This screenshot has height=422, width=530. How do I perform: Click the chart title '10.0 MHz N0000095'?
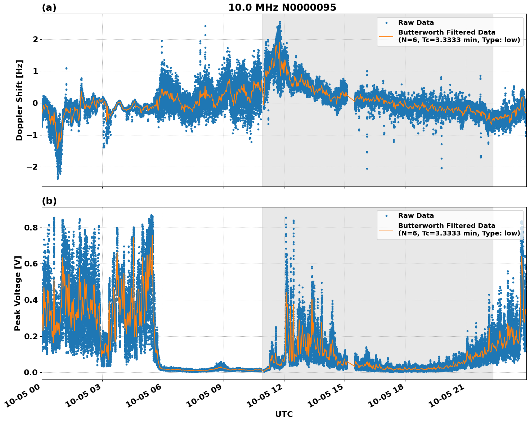point(282,8)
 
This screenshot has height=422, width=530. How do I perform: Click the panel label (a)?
point(49,8)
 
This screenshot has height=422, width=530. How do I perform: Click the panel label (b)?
point(49,201)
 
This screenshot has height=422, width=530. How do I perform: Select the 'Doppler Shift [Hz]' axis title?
point(19,100)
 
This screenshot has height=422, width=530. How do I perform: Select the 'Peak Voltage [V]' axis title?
point(18,293)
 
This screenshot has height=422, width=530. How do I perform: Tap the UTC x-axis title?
point(284,414)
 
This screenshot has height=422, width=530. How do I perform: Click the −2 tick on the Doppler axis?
point(31,167)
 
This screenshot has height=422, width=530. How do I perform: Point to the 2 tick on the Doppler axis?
point(35,39)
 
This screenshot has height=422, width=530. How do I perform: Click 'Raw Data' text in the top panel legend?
point(416,23)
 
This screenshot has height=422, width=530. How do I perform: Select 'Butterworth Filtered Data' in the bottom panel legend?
point(446,226)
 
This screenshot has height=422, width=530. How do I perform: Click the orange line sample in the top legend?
point(386,36)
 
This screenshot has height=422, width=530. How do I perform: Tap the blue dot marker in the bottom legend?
point(386,216)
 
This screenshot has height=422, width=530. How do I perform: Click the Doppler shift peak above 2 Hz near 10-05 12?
point(279,22)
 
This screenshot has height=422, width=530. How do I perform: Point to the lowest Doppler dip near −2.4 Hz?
point(58,178)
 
